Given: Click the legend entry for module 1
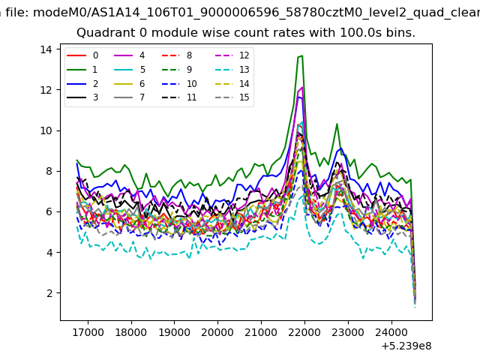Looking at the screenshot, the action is click(82, 70).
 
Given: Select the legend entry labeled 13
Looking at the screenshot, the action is click(232, 70).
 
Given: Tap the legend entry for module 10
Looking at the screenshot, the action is click(179, 83).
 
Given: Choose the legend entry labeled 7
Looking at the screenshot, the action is click(129, 97).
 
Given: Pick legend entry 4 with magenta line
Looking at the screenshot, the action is click(129, 55).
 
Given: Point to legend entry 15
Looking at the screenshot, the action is click(232, 97).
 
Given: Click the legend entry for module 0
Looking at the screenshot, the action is click(82, 55).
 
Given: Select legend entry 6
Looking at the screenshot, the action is click(129, 83).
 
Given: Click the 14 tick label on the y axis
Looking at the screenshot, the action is click(46, 49).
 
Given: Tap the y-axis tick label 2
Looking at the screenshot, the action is click(49, 293).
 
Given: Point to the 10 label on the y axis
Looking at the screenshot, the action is click(46, 130).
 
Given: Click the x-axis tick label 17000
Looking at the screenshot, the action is click(88, 332).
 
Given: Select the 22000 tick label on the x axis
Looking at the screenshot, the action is click(304, 332).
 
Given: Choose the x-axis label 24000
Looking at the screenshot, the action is click(391, 332).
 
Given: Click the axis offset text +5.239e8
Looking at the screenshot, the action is click(406, 346).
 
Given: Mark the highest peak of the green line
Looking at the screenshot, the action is click(302, 55).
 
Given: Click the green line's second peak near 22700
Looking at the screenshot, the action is click(337, 124).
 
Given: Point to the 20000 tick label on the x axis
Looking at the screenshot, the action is click(217, 332).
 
